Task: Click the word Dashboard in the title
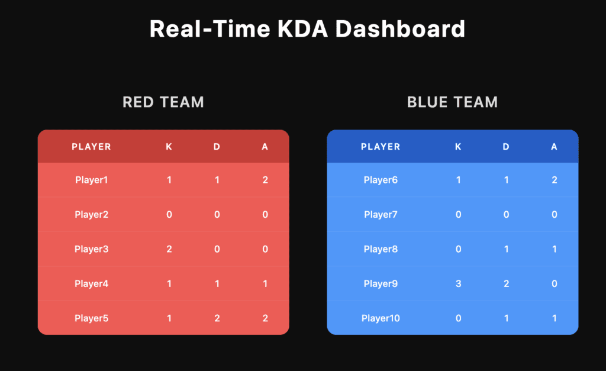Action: click(400, 29)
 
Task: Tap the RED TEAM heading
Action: click(163, 102)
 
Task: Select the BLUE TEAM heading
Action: click(452, 102)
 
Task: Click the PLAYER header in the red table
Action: click(91, 147)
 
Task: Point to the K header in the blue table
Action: click(458, 147)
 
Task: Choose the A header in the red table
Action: click(265, 147)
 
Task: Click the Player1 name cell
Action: click(91, 180)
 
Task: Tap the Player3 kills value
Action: click(169, 249)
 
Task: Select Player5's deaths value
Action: click(217, 318)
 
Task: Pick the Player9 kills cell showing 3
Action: click(459, 283)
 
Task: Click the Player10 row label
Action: click(381, 318)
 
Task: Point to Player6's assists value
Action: click(554, 180)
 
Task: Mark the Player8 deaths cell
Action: click(507, 249)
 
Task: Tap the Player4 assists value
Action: click(265, 283)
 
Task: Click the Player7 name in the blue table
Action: click(381, 214)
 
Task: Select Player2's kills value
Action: click(169, 214)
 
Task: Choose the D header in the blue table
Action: click(506, 147)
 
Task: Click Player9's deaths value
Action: click(507, 283)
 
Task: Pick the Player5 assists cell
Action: click(265, 318)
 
